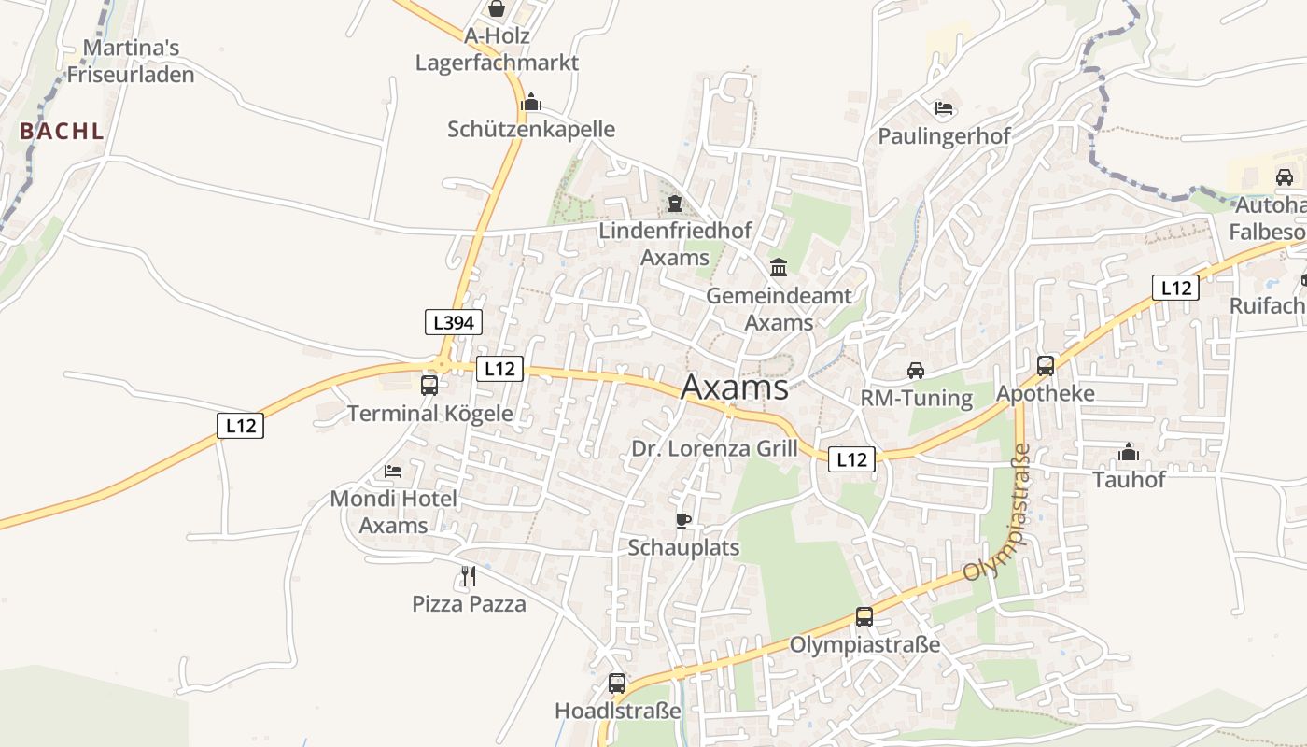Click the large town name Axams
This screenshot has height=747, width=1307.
pos(735,387)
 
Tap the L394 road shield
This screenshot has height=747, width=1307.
pos(454,323)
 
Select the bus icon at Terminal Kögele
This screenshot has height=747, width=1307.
pos(429,385)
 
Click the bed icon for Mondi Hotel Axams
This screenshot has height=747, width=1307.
pos(393,472)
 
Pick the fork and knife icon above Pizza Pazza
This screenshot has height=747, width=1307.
pos(469,576)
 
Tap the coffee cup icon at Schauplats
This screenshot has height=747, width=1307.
pos(683,520)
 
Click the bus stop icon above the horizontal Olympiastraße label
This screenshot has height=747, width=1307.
pos(864,617)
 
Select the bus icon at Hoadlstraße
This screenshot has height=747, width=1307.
pos(617,684)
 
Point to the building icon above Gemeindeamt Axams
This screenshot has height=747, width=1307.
pos(779,269)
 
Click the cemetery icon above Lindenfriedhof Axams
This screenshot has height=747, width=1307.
pos(675,203)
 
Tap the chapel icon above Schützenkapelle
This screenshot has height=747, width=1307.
pos(531,102)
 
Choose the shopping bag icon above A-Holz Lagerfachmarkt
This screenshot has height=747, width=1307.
pos(497,9)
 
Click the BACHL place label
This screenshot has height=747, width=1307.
pos(62,132)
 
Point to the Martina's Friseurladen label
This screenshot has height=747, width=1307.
pos(131,61)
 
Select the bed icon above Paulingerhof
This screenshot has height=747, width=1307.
pos(944,108)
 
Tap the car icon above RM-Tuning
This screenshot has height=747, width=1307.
pos(916,371)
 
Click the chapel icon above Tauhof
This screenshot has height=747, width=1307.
pos(1129,453)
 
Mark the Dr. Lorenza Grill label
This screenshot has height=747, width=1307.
pos(715,448)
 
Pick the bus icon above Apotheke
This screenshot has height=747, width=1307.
pos(1046,366)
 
